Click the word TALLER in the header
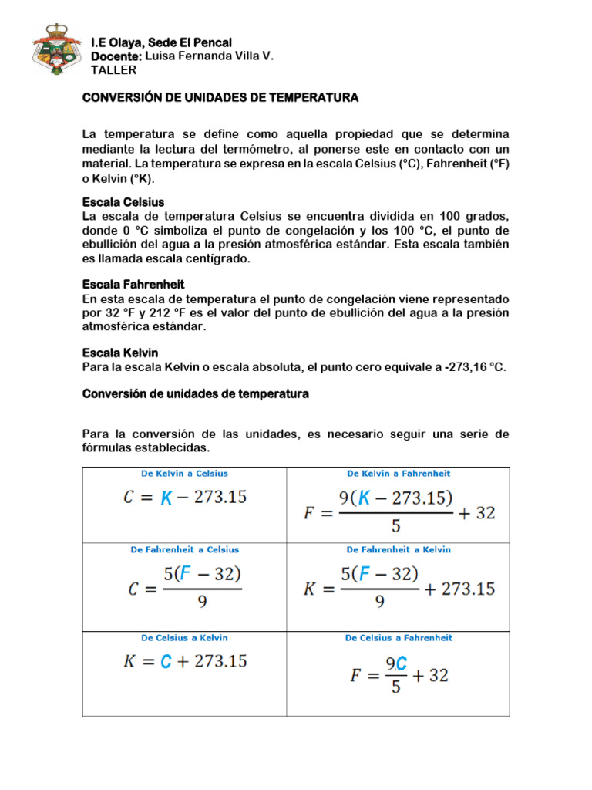[x=113, y=70]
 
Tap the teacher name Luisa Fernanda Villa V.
[x=209, y=56]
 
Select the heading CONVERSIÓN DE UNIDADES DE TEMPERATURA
[x=220, y=98]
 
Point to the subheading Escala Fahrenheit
[x=133, y=285]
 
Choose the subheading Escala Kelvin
[x=120, y=353]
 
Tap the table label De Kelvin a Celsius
[x=183, y=474]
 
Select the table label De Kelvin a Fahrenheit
[x=399, y=474]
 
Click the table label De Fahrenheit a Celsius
[x=183, y=550]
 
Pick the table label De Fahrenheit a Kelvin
[x=399, y=550]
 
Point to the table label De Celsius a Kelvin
[x=183, y=638]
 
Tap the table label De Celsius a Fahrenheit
[x=399, y=638]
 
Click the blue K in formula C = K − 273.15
[x=166, y=498]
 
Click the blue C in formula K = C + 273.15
[x=165, y=661]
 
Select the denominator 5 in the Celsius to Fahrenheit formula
[x=395, y=687]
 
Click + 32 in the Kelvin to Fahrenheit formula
[x=476, y=513]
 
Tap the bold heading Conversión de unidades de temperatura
[x=196, y=393]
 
